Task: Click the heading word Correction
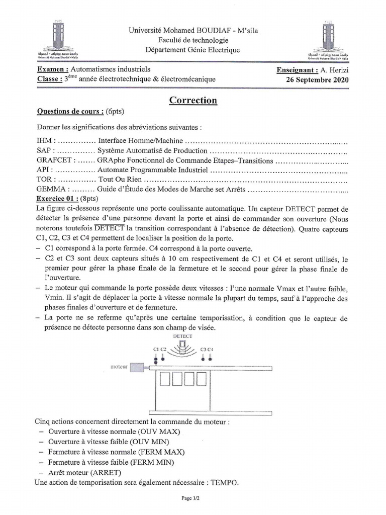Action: coord(193,100)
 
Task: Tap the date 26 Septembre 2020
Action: coord(317,79)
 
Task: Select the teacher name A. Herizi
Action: coord(334,70)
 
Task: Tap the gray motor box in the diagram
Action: coord(136,368)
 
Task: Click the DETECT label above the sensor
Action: coord(182,335)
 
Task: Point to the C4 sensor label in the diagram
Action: coord(211,349)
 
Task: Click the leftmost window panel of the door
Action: coord(165,380)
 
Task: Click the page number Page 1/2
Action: coord(193,498)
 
